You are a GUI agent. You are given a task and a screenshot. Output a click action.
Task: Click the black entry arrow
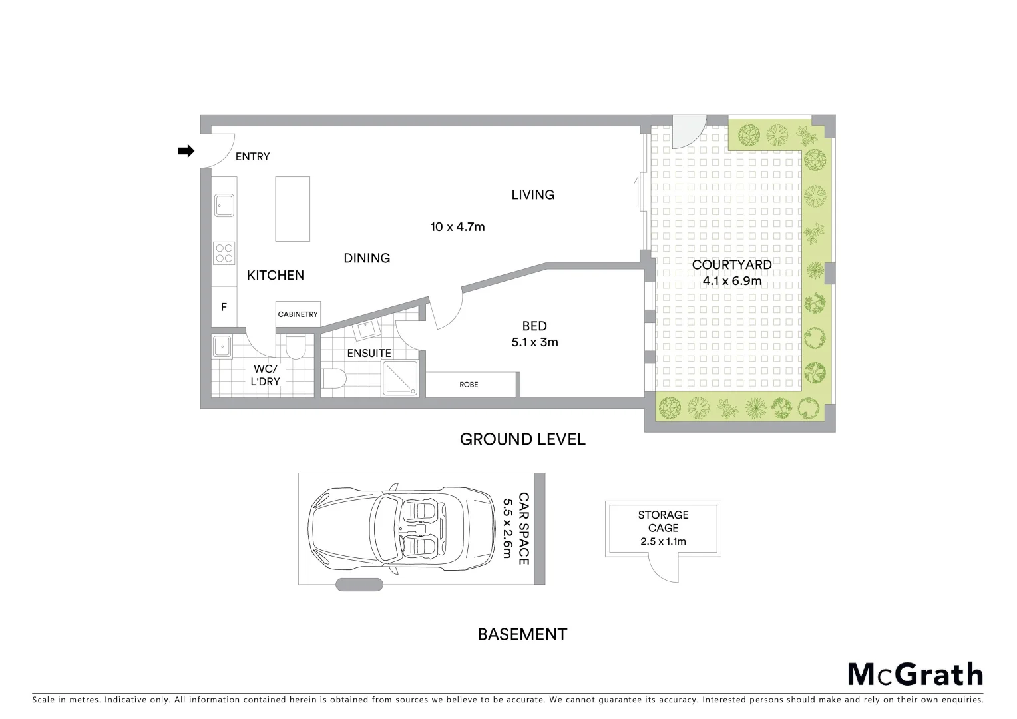(185, 152)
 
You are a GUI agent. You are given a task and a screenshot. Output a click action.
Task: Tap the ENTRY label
(252, 157)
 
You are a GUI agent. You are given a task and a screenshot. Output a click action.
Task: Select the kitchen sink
(224, 205)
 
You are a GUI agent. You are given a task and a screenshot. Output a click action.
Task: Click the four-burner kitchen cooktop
(224, 253)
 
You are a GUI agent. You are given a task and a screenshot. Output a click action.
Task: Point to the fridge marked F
(224, 307)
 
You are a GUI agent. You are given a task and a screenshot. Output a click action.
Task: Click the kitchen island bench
(292, 208)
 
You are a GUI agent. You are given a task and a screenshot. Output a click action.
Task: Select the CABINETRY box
(298, 314)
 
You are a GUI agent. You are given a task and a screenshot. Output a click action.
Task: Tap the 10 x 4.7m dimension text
(457, 227)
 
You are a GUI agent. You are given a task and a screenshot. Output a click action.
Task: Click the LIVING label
(532, 195)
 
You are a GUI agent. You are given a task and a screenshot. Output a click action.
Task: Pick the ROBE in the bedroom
(469, 385)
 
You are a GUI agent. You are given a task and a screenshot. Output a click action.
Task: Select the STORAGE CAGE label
(663, 521)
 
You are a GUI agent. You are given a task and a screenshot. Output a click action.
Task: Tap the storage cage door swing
(663, 569)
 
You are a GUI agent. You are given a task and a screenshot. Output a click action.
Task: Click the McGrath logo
(915, 674)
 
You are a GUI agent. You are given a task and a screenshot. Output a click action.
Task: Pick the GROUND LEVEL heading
(522, 439)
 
